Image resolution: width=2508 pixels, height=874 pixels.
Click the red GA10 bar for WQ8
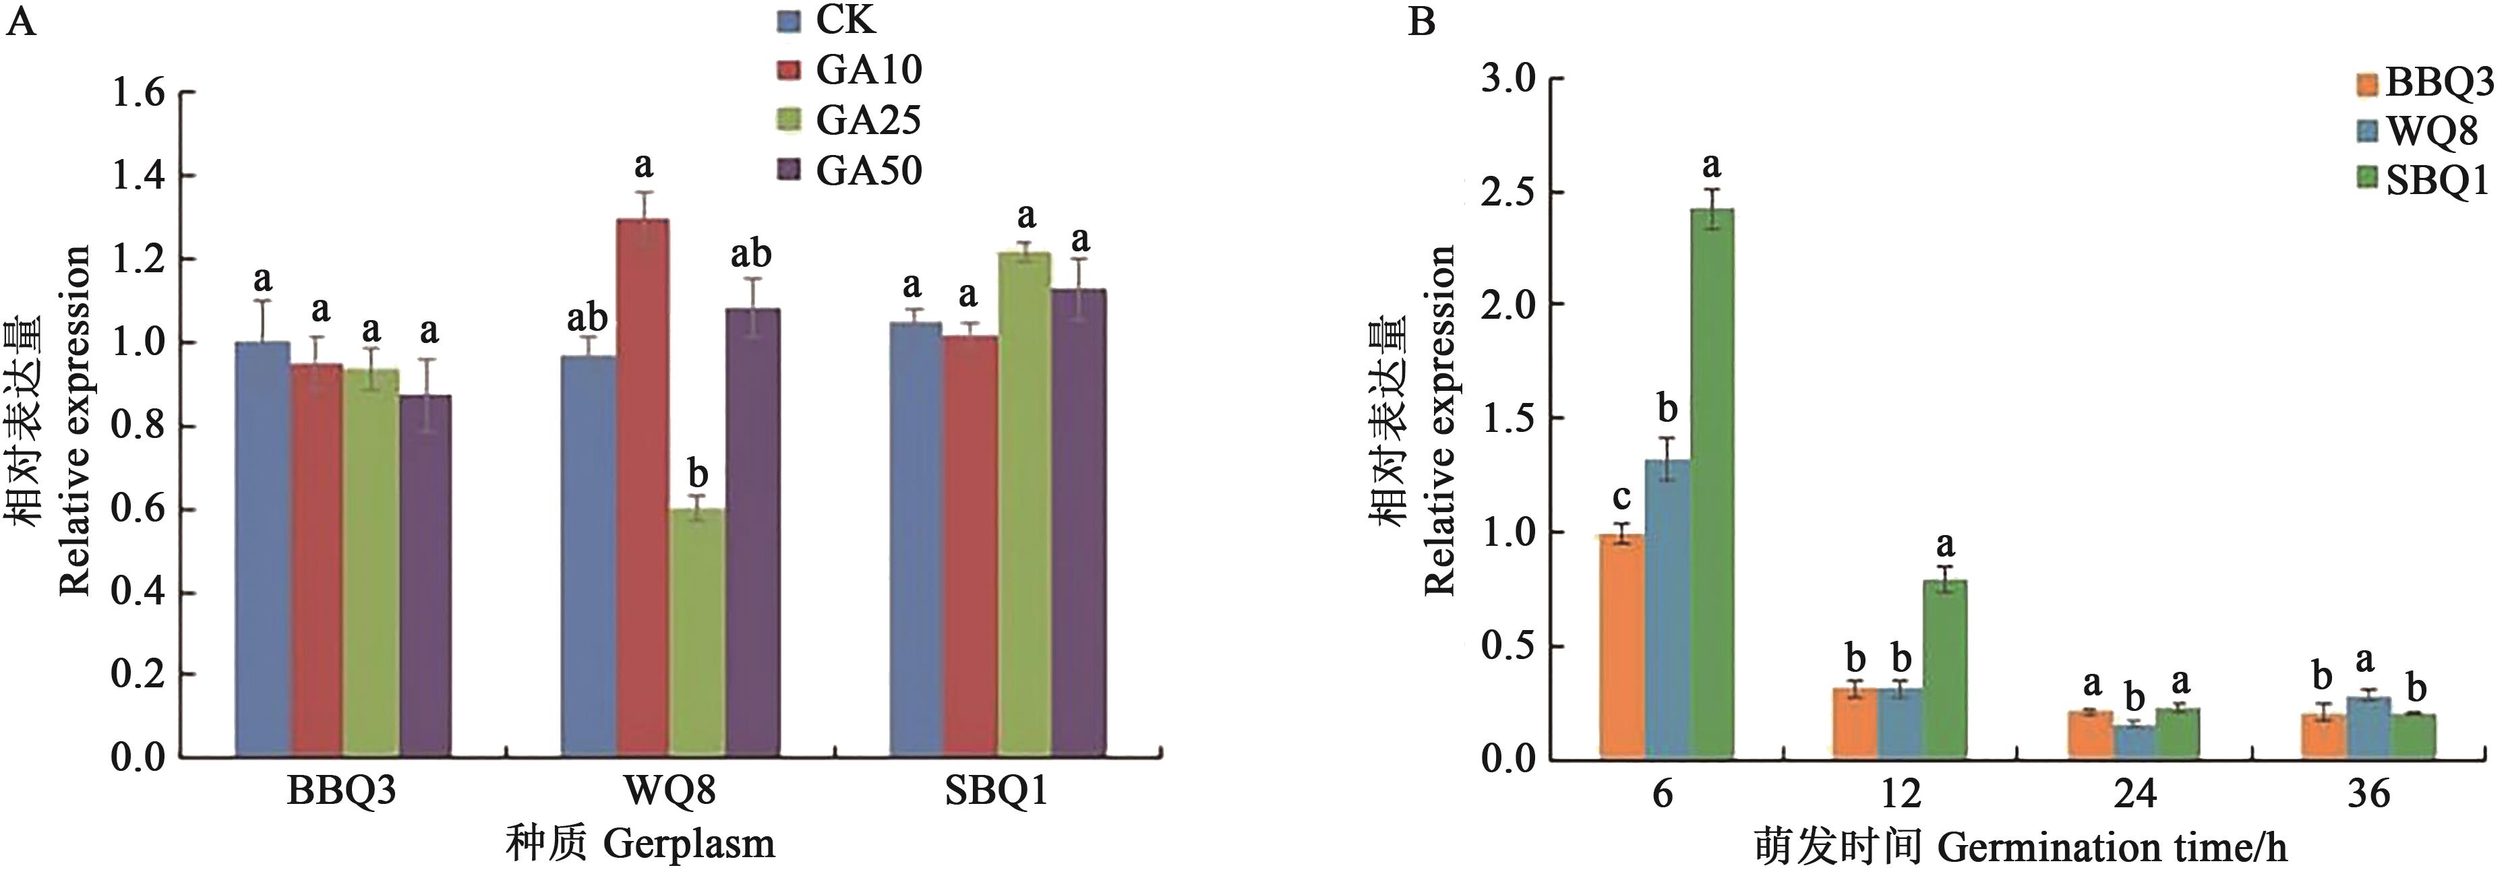(643, 487)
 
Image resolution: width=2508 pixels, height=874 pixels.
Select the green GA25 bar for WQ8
(697, 633)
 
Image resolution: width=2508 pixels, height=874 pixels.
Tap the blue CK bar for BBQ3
(263, 550)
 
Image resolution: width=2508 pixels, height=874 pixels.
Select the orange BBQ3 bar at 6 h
(1621, 646)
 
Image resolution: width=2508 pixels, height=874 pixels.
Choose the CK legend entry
(827, 20)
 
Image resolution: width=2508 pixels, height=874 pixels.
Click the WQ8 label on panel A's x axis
(670, 790)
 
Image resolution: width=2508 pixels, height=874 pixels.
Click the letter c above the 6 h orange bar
(1621, 497)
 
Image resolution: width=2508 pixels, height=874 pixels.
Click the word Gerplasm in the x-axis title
(689, 843)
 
